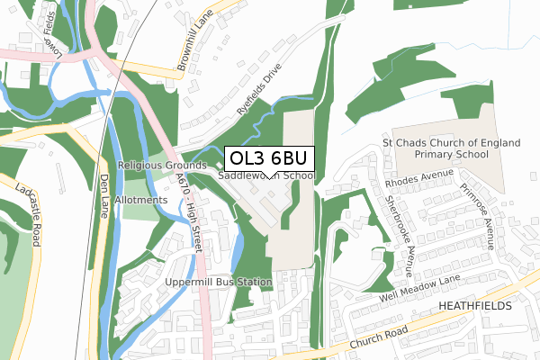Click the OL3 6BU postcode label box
click(x=269, y=158)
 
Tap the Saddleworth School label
click(x=266, y=176)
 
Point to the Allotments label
click(x=141, y=199)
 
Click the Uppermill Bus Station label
click(x=218, y=282)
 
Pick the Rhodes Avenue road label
click(x=416, y=176)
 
